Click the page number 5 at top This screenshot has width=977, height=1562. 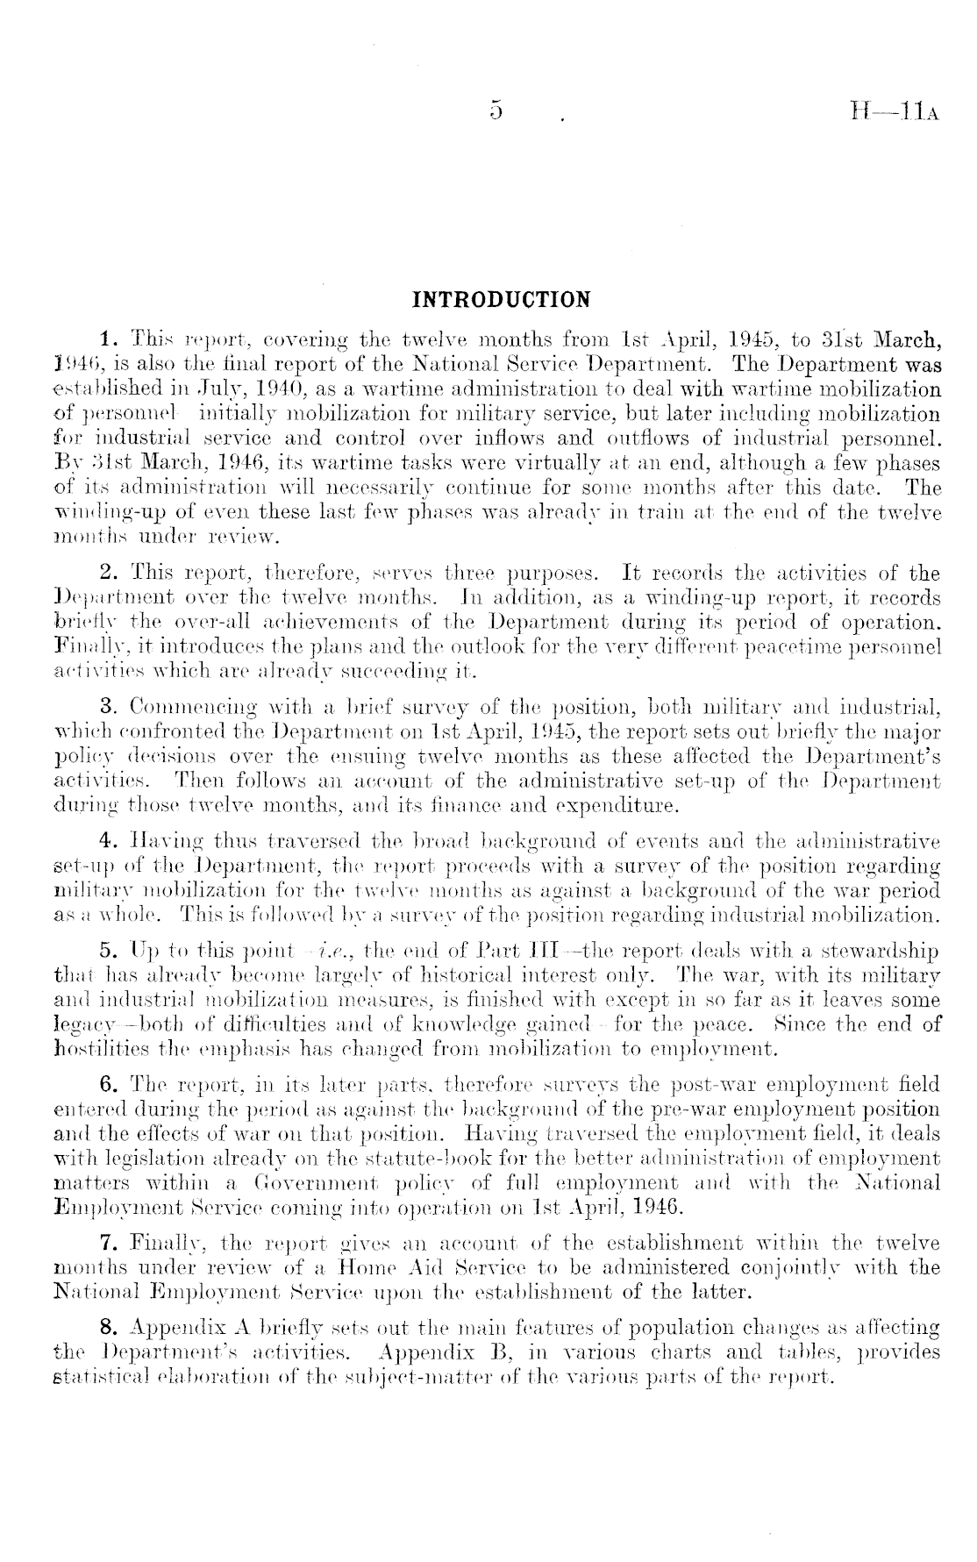[x=497, y=111]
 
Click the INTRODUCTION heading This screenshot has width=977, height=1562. [x=502, y=300]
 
